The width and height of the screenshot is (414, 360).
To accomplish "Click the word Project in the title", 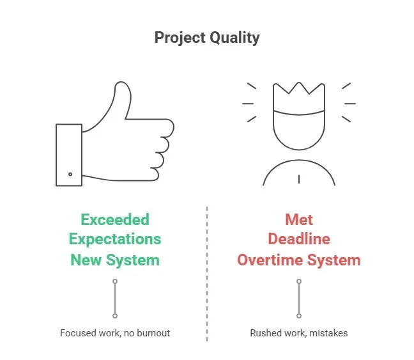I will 179,38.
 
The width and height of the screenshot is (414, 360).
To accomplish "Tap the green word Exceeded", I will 115,220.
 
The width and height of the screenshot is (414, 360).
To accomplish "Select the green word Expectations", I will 115,240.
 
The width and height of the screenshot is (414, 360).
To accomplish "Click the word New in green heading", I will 86,260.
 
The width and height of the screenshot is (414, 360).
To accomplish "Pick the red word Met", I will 299,220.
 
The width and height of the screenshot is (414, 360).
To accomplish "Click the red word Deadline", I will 299,240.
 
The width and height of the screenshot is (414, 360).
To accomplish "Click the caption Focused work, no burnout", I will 115,333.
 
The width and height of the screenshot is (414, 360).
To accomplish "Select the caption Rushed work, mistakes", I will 299,333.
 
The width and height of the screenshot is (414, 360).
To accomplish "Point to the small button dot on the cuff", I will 70,175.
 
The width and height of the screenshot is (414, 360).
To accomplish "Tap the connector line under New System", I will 115,299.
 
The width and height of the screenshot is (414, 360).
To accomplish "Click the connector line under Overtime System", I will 299,299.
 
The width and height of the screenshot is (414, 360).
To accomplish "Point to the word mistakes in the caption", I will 329,333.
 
